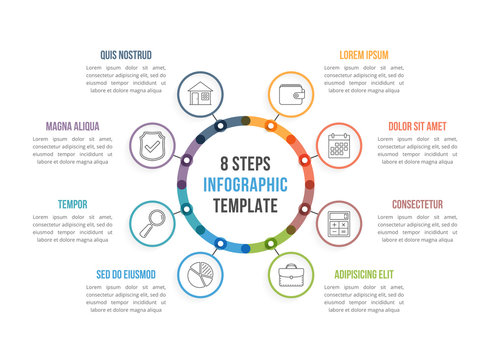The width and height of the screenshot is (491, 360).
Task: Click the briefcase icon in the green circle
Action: (291, 274)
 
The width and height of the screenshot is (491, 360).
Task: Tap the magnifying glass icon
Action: (153, 222)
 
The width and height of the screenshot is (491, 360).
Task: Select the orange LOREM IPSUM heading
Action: (351, 54)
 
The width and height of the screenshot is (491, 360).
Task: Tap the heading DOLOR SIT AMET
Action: (417, 126)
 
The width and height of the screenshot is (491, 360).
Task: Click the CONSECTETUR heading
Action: (417, 204)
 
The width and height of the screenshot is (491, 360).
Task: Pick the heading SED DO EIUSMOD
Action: (126, 273)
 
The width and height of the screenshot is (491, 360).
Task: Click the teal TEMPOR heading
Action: (73, 204)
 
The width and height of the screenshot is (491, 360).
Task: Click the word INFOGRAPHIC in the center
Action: (245, 184)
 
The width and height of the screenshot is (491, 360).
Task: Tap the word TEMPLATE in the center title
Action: (245, 205)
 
